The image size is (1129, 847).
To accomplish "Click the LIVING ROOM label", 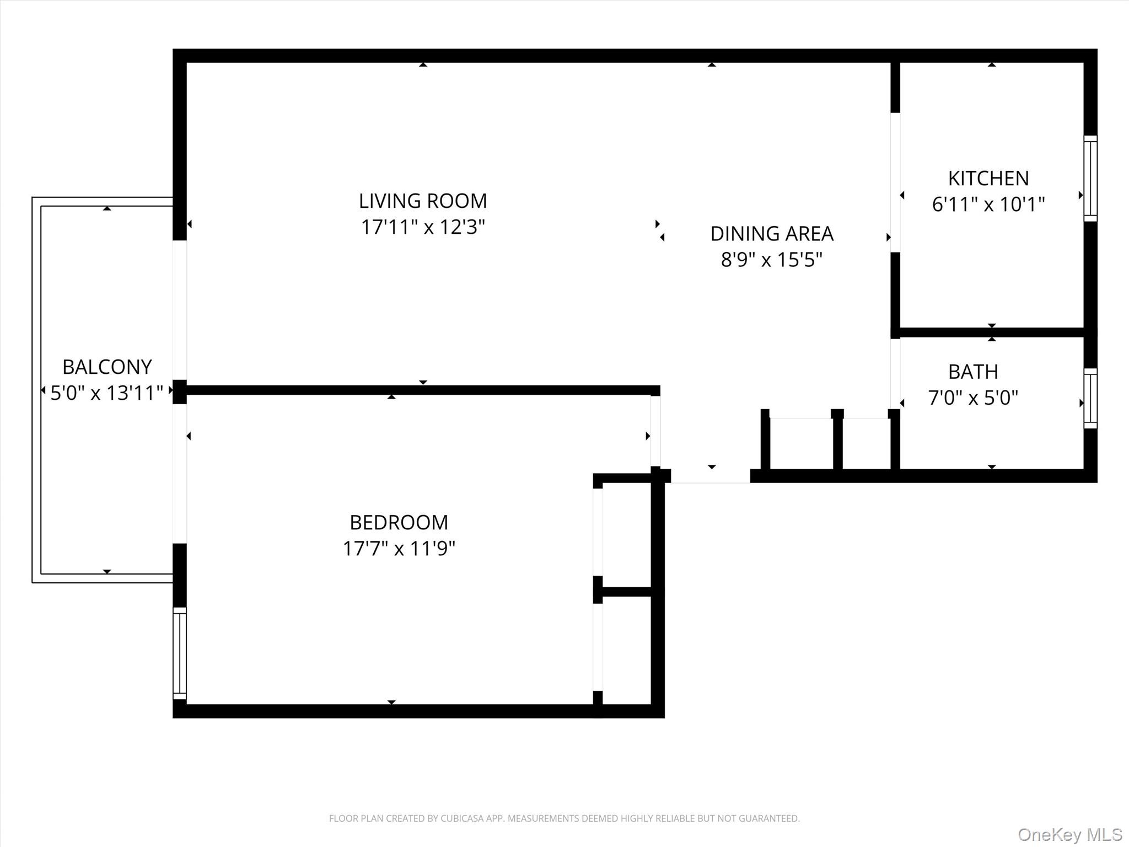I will coord(423,201).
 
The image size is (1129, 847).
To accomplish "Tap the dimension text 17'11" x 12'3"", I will coord(423,227).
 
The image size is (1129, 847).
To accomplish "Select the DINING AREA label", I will coord(771,234).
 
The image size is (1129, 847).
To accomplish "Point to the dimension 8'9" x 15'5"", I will coord(771,260).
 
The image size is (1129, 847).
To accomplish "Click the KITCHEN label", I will coord(988,179).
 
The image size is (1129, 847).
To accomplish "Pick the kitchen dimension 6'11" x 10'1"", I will coord(988,205).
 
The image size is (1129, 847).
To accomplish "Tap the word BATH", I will coord(973,372).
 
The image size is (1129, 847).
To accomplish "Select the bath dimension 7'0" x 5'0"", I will coord(973,398).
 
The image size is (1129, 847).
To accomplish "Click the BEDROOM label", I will coord(399,522).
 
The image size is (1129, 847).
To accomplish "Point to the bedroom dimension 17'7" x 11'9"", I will coord(399,549).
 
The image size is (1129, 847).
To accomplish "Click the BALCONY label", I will coord(107,367).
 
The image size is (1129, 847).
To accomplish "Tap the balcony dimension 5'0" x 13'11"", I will coord(107,393).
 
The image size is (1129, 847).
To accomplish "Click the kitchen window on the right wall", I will coord(1090,179).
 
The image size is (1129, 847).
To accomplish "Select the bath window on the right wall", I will coord(1090,398).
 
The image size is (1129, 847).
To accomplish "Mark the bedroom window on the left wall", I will coord(180,653).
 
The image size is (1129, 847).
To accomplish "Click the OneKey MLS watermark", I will coord(1069,834).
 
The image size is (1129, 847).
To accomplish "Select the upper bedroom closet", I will coord(626,535).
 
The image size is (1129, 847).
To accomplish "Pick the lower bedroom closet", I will coord(626,651).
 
